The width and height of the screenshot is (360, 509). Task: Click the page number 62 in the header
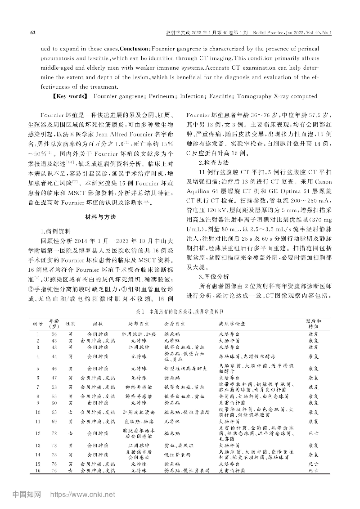[32, 32]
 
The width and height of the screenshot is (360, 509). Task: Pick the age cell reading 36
[54, 334]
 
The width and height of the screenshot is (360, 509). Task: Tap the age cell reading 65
[54, 411]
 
